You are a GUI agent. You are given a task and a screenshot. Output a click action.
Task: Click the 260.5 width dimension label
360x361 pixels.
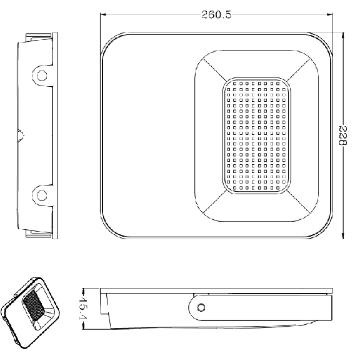[216, 15]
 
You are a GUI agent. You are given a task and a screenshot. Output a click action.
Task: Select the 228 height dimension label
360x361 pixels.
[343, 136]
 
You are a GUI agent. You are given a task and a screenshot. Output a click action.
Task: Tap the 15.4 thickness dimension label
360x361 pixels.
[82, 309]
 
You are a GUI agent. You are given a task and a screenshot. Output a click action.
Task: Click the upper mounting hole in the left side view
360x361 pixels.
[42, 76]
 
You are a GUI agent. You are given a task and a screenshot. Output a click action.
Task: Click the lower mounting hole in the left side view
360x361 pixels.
[42, 195]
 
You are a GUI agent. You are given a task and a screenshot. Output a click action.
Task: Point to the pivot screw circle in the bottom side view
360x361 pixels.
[201, 307]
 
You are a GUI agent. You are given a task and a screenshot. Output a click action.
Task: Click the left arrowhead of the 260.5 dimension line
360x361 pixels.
[103, 15]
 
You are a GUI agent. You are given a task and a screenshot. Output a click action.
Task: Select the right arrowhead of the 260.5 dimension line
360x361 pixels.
[330, 15]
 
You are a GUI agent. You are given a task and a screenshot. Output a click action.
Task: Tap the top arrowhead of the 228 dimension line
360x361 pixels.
[343, 35]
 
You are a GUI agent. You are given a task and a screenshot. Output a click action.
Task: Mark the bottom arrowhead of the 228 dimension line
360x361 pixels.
[343, 236]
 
